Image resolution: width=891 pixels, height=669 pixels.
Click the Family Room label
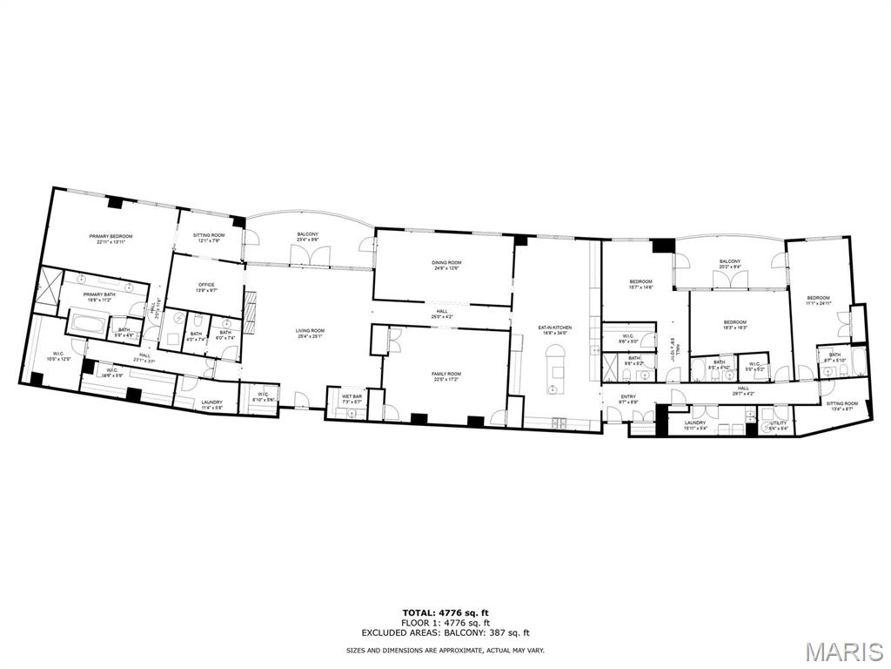(x=445, y=376)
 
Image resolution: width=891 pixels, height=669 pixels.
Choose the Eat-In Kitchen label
(x=554, y=329)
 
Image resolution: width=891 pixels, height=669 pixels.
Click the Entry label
(x=628, y=400)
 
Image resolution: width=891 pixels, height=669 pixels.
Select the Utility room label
(x=778, y=425)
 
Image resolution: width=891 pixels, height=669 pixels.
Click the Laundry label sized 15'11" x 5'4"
(x=694, y=425)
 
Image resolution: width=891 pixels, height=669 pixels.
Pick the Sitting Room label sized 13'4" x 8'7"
(x=841, y=406)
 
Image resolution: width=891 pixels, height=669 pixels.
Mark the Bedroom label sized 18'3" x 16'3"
(x=735, y=325)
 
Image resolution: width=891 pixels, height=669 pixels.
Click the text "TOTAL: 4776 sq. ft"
(x=445, y=612)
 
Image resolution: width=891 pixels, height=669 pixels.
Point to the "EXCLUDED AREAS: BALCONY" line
(x=445, y=632)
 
